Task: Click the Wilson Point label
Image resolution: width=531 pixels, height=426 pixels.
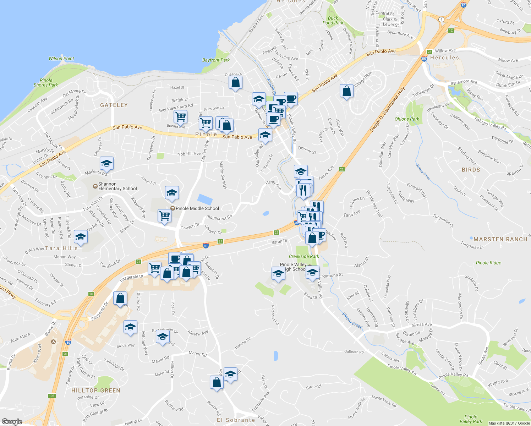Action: pos(61,59)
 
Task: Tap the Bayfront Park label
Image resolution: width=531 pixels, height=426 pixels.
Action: pos(216,60)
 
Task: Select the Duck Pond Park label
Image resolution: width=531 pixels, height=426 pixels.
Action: pos(333,21)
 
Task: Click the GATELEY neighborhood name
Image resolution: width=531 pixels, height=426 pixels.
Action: pos(114,105)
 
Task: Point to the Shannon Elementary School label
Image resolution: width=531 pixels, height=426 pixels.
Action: pos(117,186)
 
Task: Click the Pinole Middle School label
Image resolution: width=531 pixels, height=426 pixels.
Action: pos(197,208)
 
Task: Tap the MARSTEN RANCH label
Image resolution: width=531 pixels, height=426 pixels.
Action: pos(500,239)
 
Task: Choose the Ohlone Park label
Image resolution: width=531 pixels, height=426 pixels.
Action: pos(407,119)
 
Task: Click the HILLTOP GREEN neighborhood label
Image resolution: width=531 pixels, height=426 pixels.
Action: pos(96,390)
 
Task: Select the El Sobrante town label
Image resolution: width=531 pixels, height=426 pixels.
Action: pos(236,420)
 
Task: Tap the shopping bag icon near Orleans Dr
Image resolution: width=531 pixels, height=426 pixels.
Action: pos(236,83)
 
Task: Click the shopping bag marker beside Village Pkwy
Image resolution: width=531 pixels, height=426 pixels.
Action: pos(346,91)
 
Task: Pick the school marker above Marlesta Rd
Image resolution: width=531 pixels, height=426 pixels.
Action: pos(106,164)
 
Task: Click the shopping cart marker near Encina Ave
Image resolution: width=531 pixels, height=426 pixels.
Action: pos(180,116)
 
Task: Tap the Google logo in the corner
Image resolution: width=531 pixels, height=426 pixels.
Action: pos(12,422)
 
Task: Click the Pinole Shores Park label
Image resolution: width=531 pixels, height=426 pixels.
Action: pos(46,83)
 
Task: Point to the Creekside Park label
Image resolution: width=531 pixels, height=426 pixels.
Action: pos(304,256)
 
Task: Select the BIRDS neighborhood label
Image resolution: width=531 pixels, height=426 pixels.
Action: pos(471,170)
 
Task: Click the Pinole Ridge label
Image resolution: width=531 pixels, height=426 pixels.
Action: pos(488,263)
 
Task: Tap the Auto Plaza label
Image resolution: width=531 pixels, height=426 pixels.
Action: pos(20,337)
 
